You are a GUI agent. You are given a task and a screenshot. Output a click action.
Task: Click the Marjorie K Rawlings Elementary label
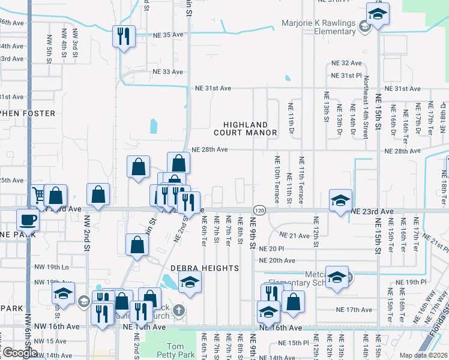[x=319, y=28]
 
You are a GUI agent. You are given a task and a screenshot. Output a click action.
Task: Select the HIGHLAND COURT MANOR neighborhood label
[x=250, y=127]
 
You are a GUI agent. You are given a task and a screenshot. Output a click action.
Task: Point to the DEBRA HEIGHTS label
[x=204, y=268]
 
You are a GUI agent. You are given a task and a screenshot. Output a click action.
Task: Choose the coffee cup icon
[x=28, y=220]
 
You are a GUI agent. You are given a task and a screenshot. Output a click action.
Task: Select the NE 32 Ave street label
[x=348, y=63]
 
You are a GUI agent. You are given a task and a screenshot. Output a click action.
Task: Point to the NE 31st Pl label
[x=348, y=76]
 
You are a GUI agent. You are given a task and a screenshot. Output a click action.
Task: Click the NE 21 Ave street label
[x=295, y=236]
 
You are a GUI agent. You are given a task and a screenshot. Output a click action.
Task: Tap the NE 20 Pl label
[x=272, y=248]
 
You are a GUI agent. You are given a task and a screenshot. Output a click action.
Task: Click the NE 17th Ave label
[x=359, y=310]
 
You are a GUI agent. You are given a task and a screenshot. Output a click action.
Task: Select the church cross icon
[x=178, y=310]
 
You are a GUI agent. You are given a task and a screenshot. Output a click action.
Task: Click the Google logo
[x=20, y=353]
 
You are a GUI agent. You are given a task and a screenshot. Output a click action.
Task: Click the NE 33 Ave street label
[x=169, y=72]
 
